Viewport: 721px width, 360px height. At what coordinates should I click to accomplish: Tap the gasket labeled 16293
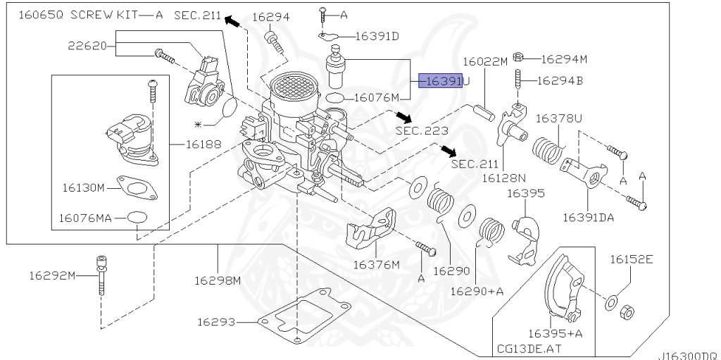[x=303, y=321]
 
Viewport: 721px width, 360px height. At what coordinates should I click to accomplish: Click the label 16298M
[x=218, y=280]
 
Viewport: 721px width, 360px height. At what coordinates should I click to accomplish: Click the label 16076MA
[x=85, y=218]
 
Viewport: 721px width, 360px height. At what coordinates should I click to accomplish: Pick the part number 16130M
[x=83, y=188]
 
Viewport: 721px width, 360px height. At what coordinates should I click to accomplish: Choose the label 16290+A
[x=477, y=290]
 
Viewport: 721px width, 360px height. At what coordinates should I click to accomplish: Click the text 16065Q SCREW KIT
[x=79, y=15]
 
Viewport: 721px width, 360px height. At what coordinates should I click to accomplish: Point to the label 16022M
[x=484, y=62]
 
